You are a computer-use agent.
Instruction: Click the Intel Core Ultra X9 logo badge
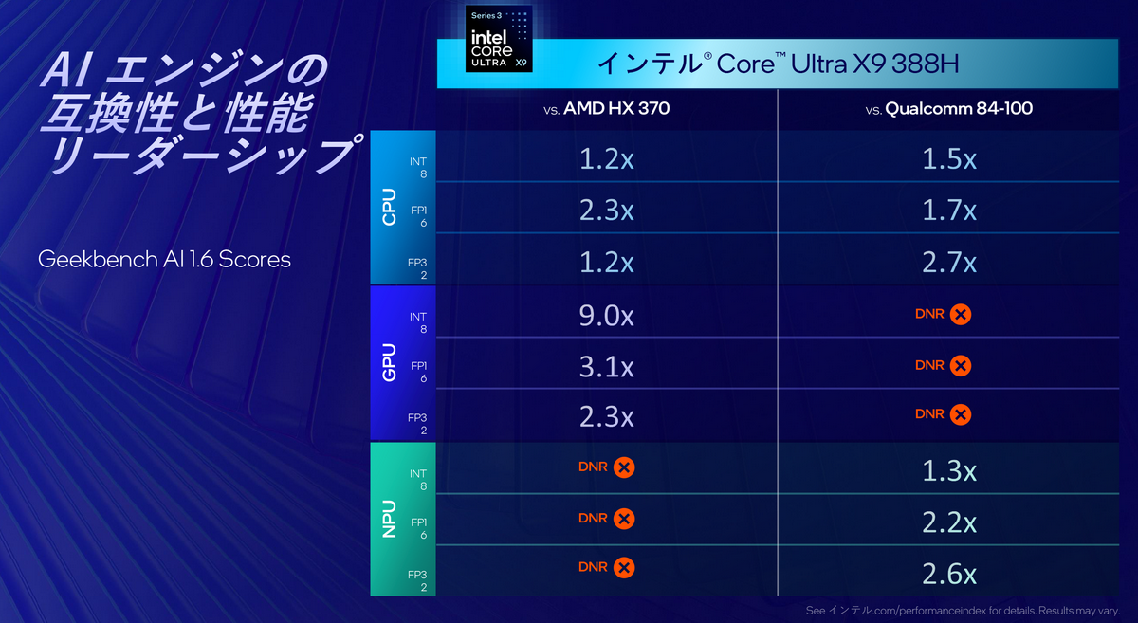[498, 39]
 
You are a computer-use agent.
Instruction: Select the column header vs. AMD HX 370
[607, 109]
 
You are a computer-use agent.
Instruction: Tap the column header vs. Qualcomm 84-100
[948, 109]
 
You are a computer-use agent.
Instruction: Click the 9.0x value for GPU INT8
[607, 314]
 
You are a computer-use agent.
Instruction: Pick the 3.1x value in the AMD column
[607, 365]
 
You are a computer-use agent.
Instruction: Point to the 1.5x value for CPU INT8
[948, 159]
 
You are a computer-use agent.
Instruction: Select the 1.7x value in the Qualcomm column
[948, 210]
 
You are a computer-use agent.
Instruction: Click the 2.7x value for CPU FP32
[948, 261]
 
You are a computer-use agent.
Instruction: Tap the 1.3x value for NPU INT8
[948, 469]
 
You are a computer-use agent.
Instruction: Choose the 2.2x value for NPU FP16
[948, 521]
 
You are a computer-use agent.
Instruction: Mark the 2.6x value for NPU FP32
[948, 573]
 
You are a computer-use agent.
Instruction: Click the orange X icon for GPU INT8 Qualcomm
[960, 314]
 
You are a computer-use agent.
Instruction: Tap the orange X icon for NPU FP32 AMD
[623, 568]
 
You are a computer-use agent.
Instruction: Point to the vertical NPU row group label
[389, 519]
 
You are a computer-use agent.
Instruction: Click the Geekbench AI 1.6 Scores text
[164, 259]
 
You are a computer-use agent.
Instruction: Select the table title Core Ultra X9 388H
[778, 64]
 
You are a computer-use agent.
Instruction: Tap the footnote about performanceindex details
[967, 610]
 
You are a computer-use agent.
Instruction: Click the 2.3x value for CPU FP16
[607, 210]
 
